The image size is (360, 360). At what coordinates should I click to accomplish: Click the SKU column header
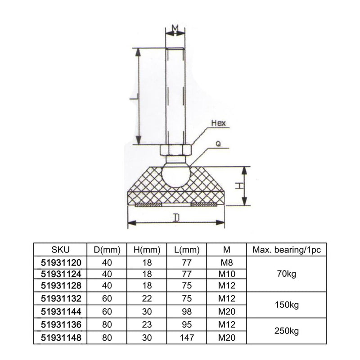(x=60, y=250)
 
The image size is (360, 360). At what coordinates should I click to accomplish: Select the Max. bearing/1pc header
(x=287, y=250)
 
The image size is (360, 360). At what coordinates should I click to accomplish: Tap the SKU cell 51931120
(x=61, y=262)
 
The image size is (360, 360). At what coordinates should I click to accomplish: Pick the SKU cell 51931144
(x=61, y=311)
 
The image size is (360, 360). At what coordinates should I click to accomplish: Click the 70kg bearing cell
(x=287, y=274)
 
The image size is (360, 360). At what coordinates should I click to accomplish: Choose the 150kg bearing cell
(x=287, y=305)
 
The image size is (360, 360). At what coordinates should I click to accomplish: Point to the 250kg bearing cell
(x=287, y=331)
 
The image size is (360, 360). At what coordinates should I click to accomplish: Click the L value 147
(x=187, y=338)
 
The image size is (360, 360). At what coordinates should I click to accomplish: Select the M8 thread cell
(x=227, y=262)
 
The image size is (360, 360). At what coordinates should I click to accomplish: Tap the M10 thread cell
(x=227, y=274)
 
